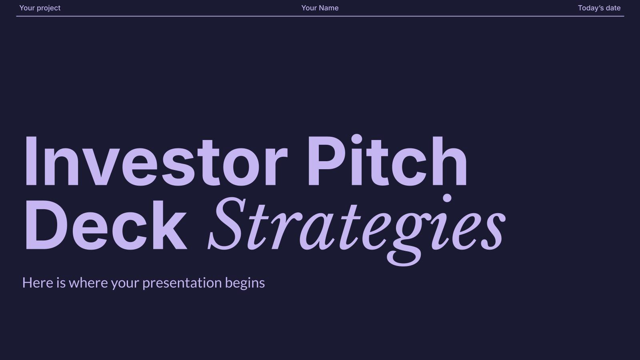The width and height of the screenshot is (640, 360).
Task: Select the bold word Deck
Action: [105, 226]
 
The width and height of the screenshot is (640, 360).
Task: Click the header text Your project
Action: [40, 8]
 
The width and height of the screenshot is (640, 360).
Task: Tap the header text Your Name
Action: [320, 8]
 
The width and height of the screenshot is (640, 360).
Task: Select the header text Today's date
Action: [599, 8]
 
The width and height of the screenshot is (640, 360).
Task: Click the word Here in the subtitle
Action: [38, 283]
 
